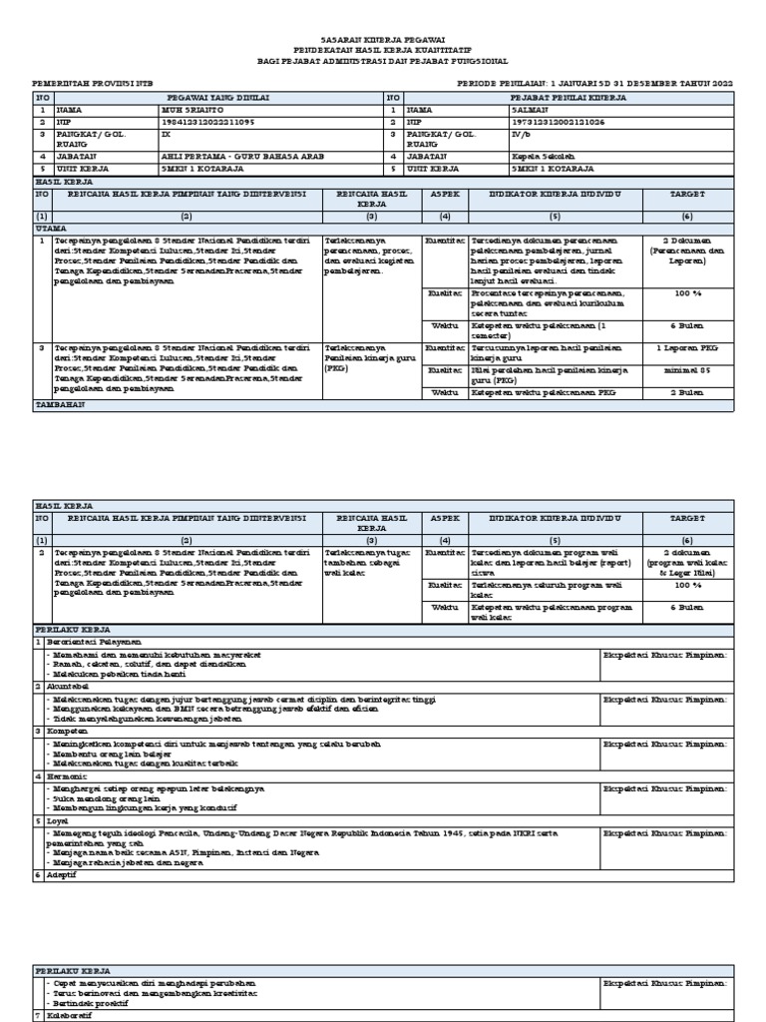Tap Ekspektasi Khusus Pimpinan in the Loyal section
click(665, 831)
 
